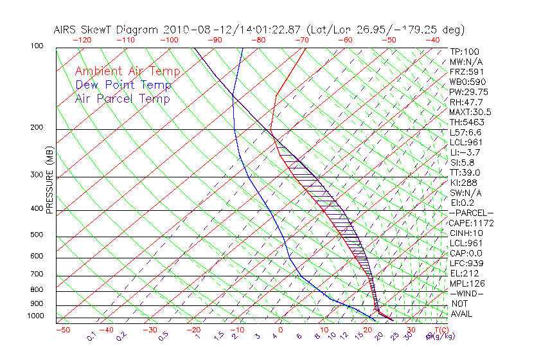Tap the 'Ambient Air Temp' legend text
(127, 71)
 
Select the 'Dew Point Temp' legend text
(123, 85)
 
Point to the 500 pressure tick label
(36, 235)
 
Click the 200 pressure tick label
(36, 128)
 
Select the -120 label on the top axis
(82, 40)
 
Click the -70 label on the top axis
(301, 40)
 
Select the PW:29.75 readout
(466, 92)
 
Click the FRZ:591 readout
(464, 72)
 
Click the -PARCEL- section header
(471, 213)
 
